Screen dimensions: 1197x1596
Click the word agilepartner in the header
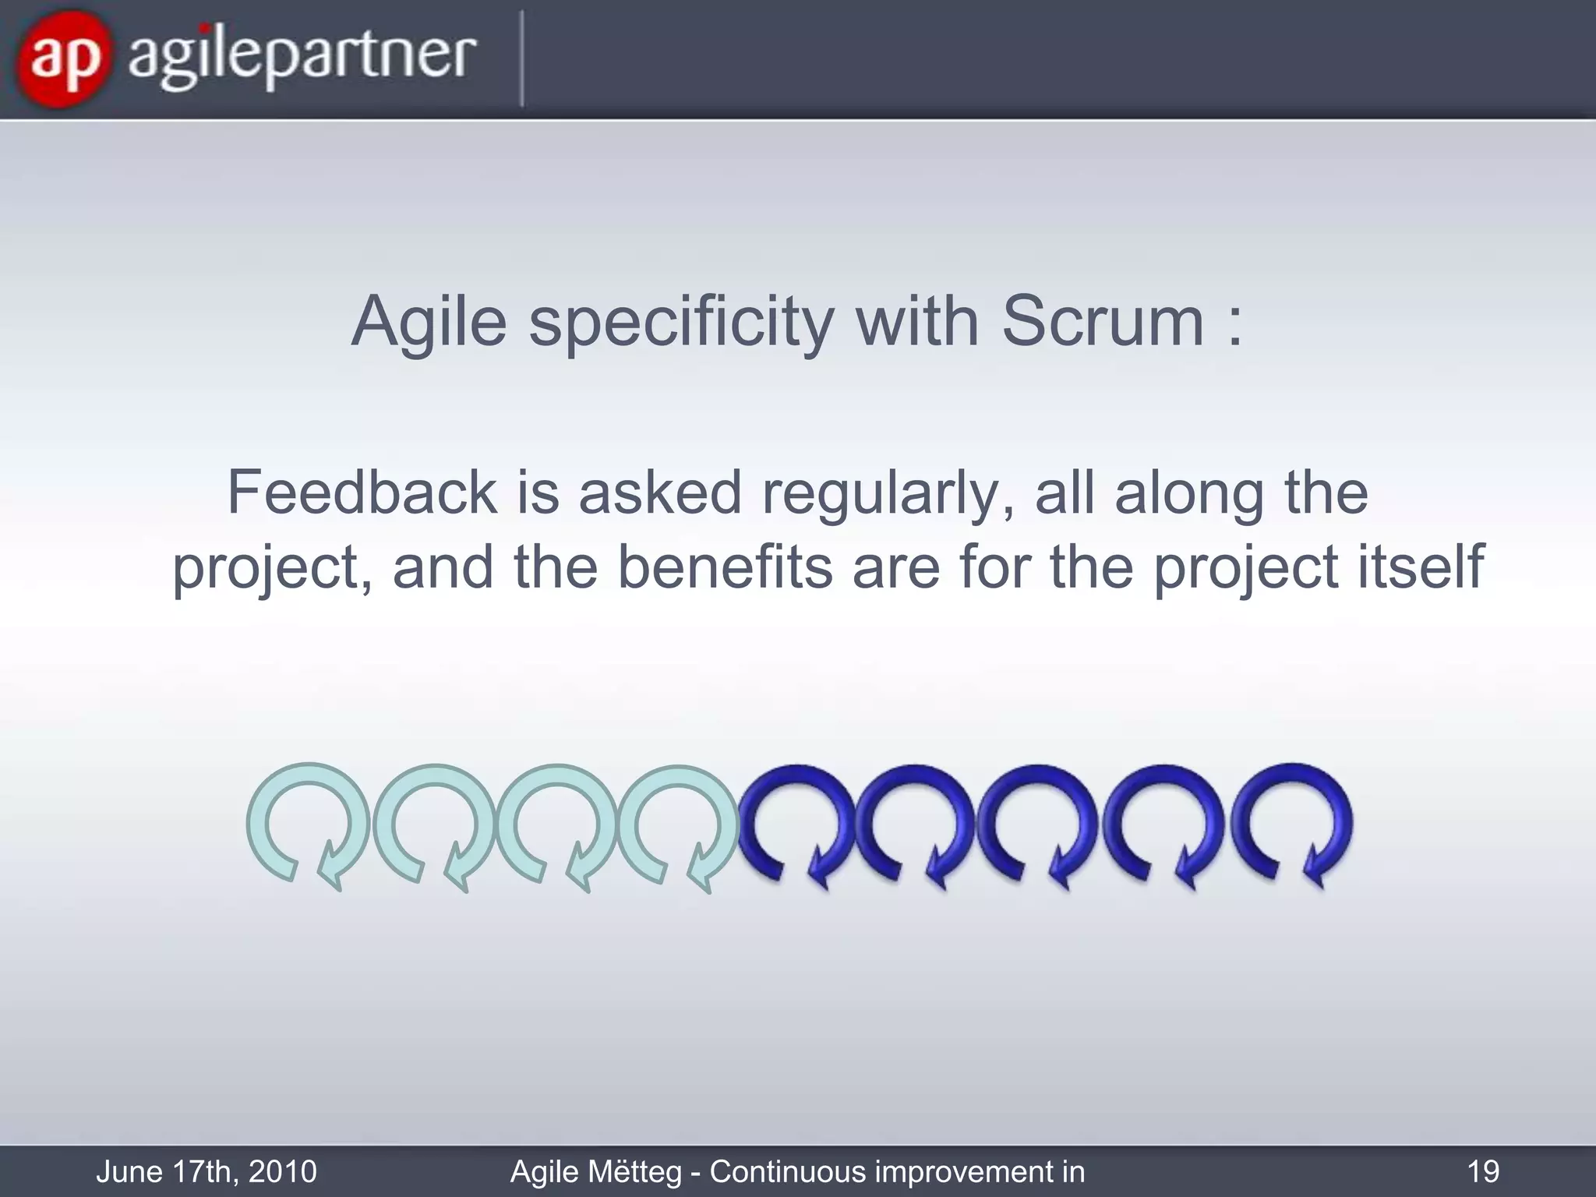pos(302,56)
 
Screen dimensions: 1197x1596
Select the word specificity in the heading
pos(682,323)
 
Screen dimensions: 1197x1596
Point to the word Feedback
pos(362,493)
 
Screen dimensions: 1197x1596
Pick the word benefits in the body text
pos(725,567)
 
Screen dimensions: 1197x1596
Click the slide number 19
pos(1482,1171)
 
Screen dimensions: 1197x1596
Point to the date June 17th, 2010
pos(207,1171)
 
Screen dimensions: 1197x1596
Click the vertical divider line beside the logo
pos(521,58)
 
